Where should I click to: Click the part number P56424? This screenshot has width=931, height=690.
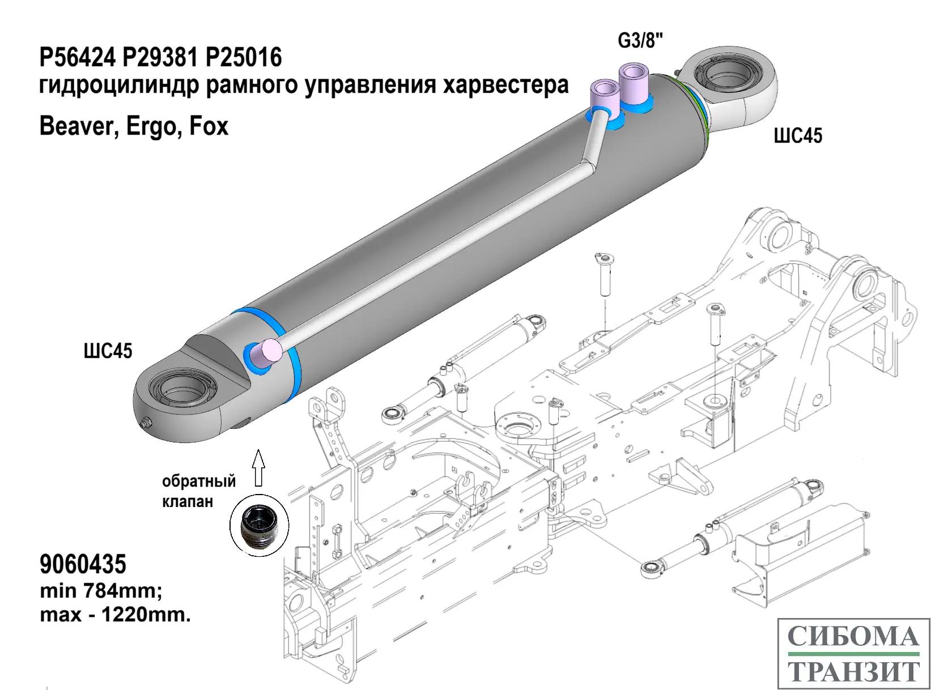point(77,58)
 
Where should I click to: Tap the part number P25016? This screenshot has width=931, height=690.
point(244,58)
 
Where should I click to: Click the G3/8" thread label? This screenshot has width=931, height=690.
point(640,41)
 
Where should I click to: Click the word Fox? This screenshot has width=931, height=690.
point(209,126)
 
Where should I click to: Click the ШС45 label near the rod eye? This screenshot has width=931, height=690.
point(798,135)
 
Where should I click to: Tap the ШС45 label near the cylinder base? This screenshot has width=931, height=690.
point(108,351)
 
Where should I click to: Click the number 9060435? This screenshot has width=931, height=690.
point(83,564)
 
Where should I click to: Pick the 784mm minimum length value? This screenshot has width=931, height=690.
point(122,590)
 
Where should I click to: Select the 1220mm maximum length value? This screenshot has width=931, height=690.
point(146,615)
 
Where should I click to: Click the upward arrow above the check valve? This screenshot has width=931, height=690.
point(258,467)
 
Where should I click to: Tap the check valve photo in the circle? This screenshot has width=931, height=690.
point(259,525)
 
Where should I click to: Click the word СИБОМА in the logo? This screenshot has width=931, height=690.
point(853,636)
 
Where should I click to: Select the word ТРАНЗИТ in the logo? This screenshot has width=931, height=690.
point(853,671)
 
